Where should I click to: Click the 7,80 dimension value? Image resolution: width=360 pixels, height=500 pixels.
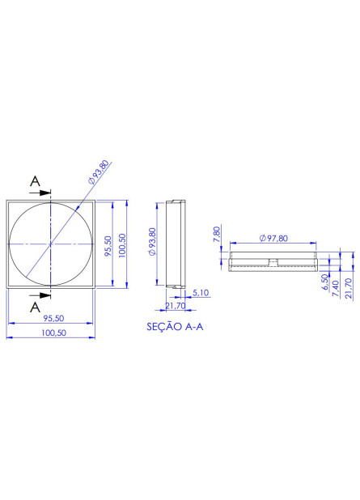(x=217, y=235)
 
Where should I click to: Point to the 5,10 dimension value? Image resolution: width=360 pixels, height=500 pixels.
(x=202, y=293)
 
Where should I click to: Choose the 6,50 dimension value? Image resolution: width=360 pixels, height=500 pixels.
(x=324, y=282)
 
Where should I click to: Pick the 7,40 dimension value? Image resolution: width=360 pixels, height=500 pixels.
(x=336, y=286)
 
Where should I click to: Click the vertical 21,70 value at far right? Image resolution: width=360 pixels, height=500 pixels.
(x=348, y=288)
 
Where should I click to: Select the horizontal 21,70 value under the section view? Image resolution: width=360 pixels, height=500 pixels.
(x=175, y=306)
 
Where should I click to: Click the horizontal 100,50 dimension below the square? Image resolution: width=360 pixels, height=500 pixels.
(x=49, y=333)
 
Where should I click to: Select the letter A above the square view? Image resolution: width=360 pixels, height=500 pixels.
(x=35, y=182)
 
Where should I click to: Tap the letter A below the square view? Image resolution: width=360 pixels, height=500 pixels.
(x=35, y=307)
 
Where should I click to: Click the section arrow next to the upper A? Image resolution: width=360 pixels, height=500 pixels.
(x=44, y=194)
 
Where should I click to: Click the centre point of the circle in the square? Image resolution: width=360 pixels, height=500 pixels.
(x=50, y=244)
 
